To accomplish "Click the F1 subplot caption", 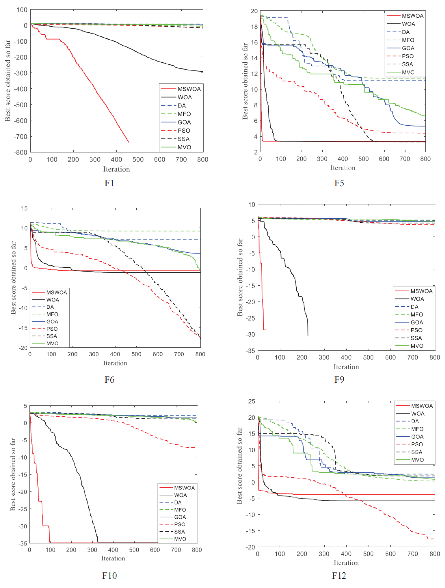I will [109, 183].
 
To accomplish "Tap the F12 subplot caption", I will [339, 576].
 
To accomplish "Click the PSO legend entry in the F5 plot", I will [408, 56].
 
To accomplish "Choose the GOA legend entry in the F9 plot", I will [417, 322].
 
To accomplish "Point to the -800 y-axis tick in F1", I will [21, 152].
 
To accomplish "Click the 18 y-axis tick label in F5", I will [254, 27].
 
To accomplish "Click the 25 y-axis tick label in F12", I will [252, 401].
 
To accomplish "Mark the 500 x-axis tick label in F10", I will [134, 550].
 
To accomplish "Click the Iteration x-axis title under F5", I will [343, 168].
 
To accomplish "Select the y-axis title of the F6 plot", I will [13, 278].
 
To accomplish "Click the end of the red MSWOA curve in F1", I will [129, 143].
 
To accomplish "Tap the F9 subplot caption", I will [339, 379].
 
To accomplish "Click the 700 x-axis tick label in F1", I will [181, 160].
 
